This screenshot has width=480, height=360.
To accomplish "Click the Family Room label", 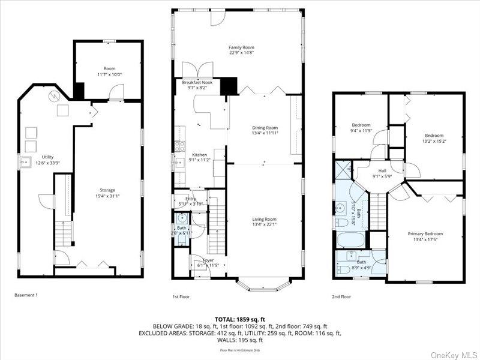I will click(242, 47).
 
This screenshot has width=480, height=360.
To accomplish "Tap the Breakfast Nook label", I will click(197, 82).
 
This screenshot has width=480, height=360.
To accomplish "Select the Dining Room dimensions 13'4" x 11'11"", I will click(265, 133).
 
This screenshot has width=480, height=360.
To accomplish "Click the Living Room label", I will click(264, 219).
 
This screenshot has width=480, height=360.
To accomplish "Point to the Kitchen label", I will click(199, 154).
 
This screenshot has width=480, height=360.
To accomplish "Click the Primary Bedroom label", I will click(425, 233).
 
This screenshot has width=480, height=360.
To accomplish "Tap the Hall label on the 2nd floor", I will click(382, 170).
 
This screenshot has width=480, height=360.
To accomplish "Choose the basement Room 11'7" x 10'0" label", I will click(109, 69).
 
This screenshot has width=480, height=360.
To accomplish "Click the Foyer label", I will click(208, 260).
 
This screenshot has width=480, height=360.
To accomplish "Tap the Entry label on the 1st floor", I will click(191, 199).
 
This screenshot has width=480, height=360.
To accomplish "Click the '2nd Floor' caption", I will click(341, 296).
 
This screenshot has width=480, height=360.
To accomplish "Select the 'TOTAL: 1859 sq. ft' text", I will click(240, 319).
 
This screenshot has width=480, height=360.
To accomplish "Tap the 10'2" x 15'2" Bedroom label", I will click(434, 136).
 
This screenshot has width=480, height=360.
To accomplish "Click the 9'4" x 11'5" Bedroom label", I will click(361, 125).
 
